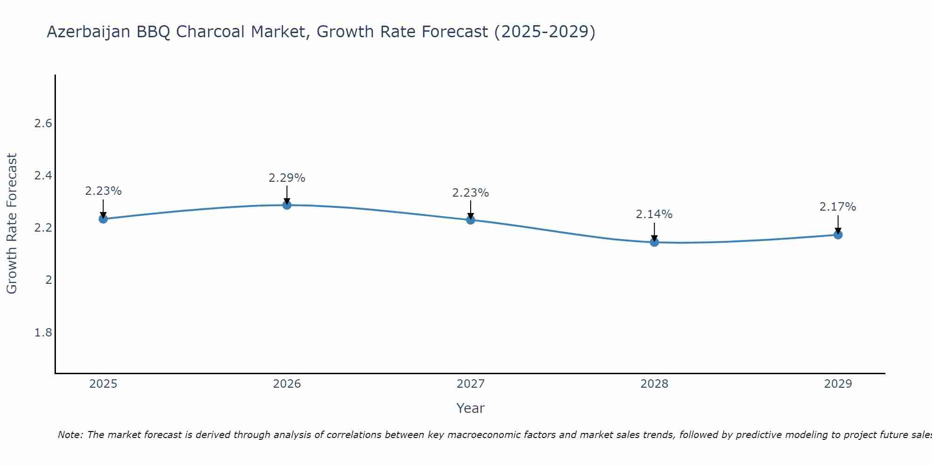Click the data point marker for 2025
[103, 219]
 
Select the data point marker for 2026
[287, 205]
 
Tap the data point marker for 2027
[471, 220]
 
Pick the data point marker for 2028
[654, 242]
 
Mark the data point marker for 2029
[838, 234]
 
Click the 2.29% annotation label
[287, 178]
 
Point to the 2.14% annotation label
[654, 214]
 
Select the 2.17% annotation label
[838, 207]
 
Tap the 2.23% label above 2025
[103, 191]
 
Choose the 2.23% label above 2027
[471, 193]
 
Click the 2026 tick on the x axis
[287, 384]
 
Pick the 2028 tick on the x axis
[654, 384]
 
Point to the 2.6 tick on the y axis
[43, 123]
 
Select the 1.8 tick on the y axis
[43, 333]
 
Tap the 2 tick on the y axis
[48, 280]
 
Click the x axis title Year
[471, 408]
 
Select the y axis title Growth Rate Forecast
[12, 224]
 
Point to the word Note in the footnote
[70, 435]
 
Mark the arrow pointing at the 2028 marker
[654, 232]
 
